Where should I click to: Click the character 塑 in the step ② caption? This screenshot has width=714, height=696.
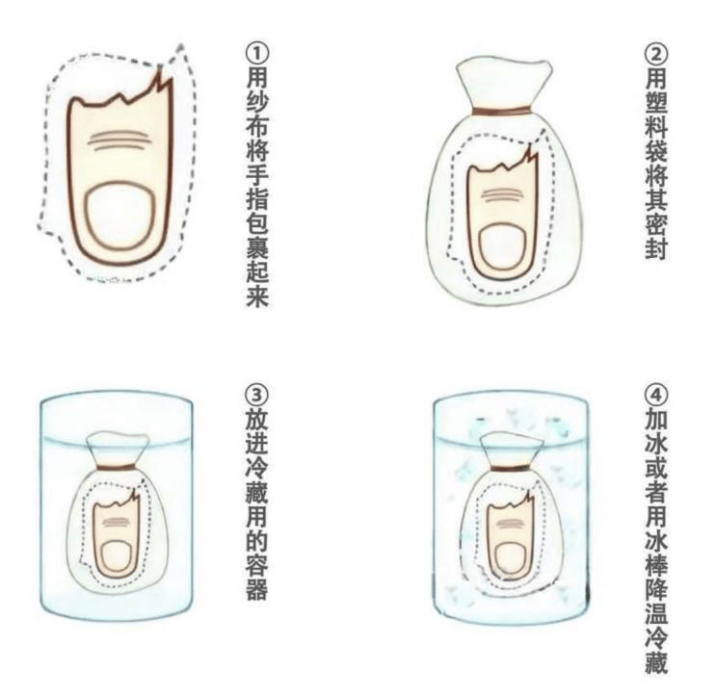(655, 107)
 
